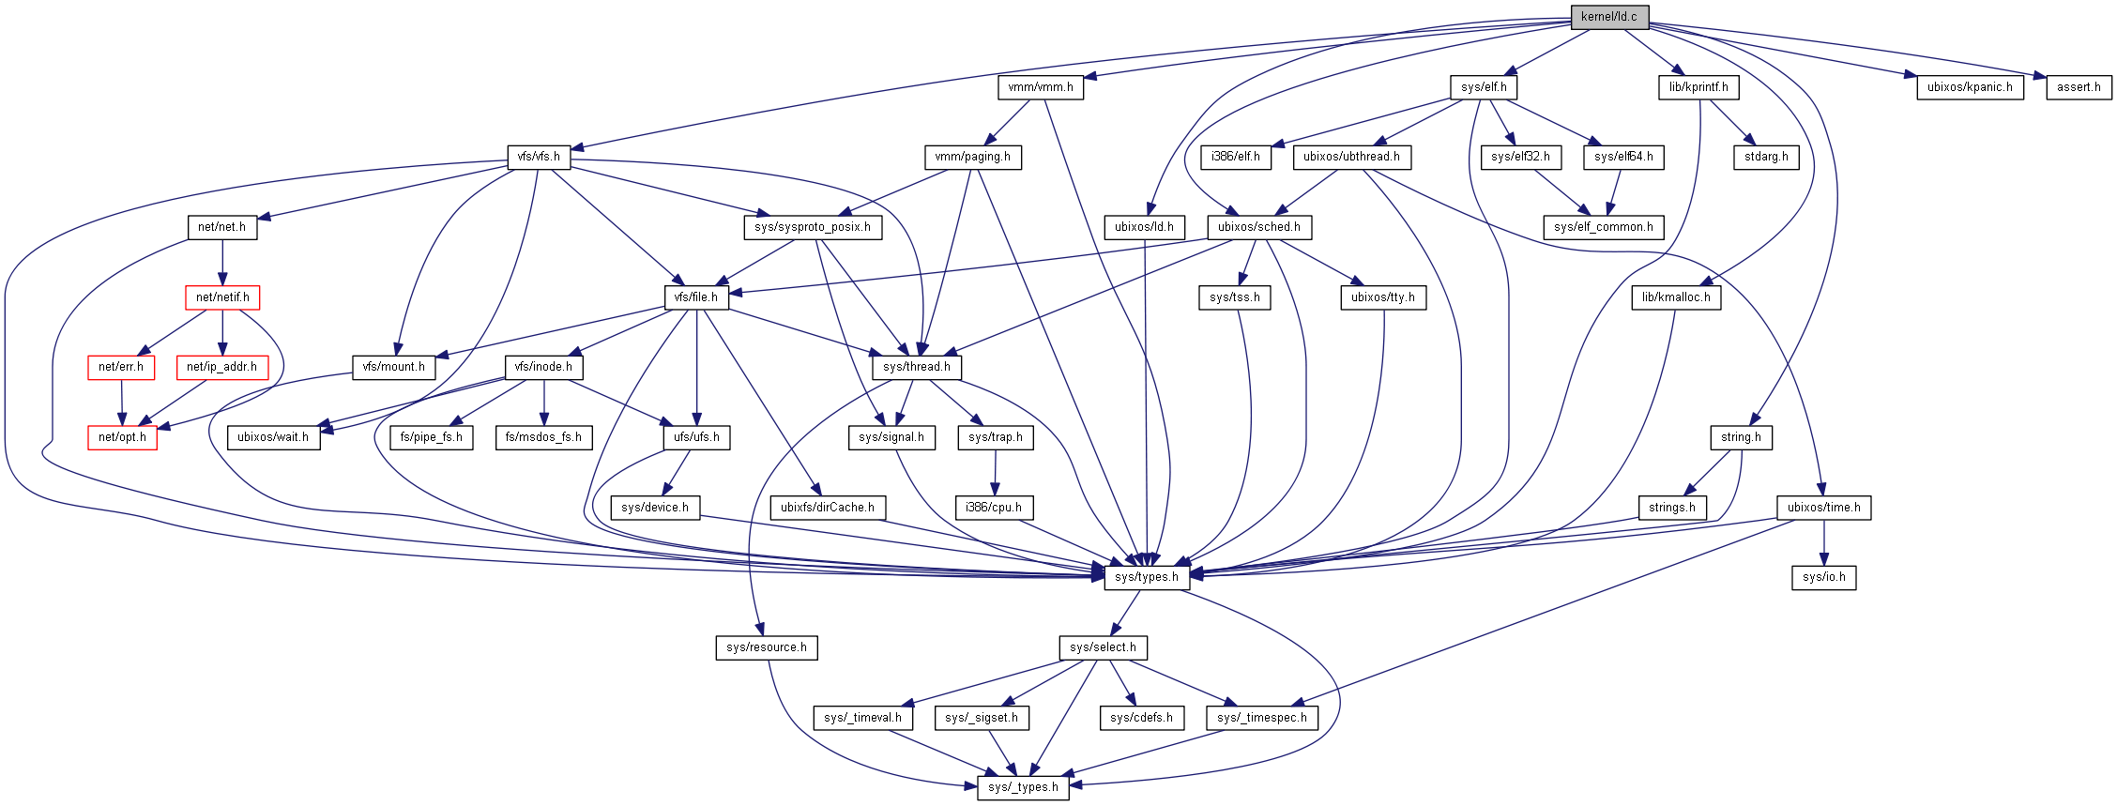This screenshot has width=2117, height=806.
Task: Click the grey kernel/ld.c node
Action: tap(1608, 17)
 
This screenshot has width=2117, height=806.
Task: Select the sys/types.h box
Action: tap(1146, 577)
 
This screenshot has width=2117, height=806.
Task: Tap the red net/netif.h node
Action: tap(222, 297)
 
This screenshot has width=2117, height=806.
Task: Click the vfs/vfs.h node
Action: tap(539, 157)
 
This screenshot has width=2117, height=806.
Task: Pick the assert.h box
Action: tap(2079, 87)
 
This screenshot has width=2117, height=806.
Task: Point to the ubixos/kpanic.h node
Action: tap(1970, 87)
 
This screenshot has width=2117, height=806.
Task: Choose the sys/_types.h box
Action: tap(1023, 787)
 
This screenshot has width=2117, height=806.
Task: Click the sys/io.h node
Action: tap(1823, 577)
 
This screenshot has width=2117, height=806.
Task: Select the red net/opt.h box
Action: tap(122, 437)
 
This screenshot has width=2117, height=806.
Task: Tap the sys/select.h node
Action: tap(1103, 647)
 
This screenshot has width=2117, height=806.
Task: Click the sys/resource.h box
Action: tap(766, 647)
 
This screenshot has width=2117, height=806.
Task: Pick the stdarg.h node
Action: tap(1766, 157)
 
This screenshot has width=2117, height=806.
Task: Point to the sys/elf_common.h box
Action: tap(1603, 227)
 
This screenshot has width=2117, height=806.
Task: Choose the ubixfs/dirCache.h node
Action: tap(827, 508)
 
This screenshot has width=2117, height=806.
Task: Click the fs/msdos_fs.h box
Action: tap(543, 437)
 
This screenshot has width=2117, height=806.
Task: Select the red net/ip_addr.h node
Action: tap(221, 367)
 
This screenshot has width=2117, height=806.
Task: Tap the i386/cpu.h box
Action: tap(994, 508)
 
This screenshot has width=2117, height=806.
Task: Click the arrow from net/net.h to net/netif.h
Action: tap(222, 263)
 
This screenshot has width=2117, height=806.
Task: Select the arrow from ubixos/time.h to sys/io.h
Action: tap(1824, 542)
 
